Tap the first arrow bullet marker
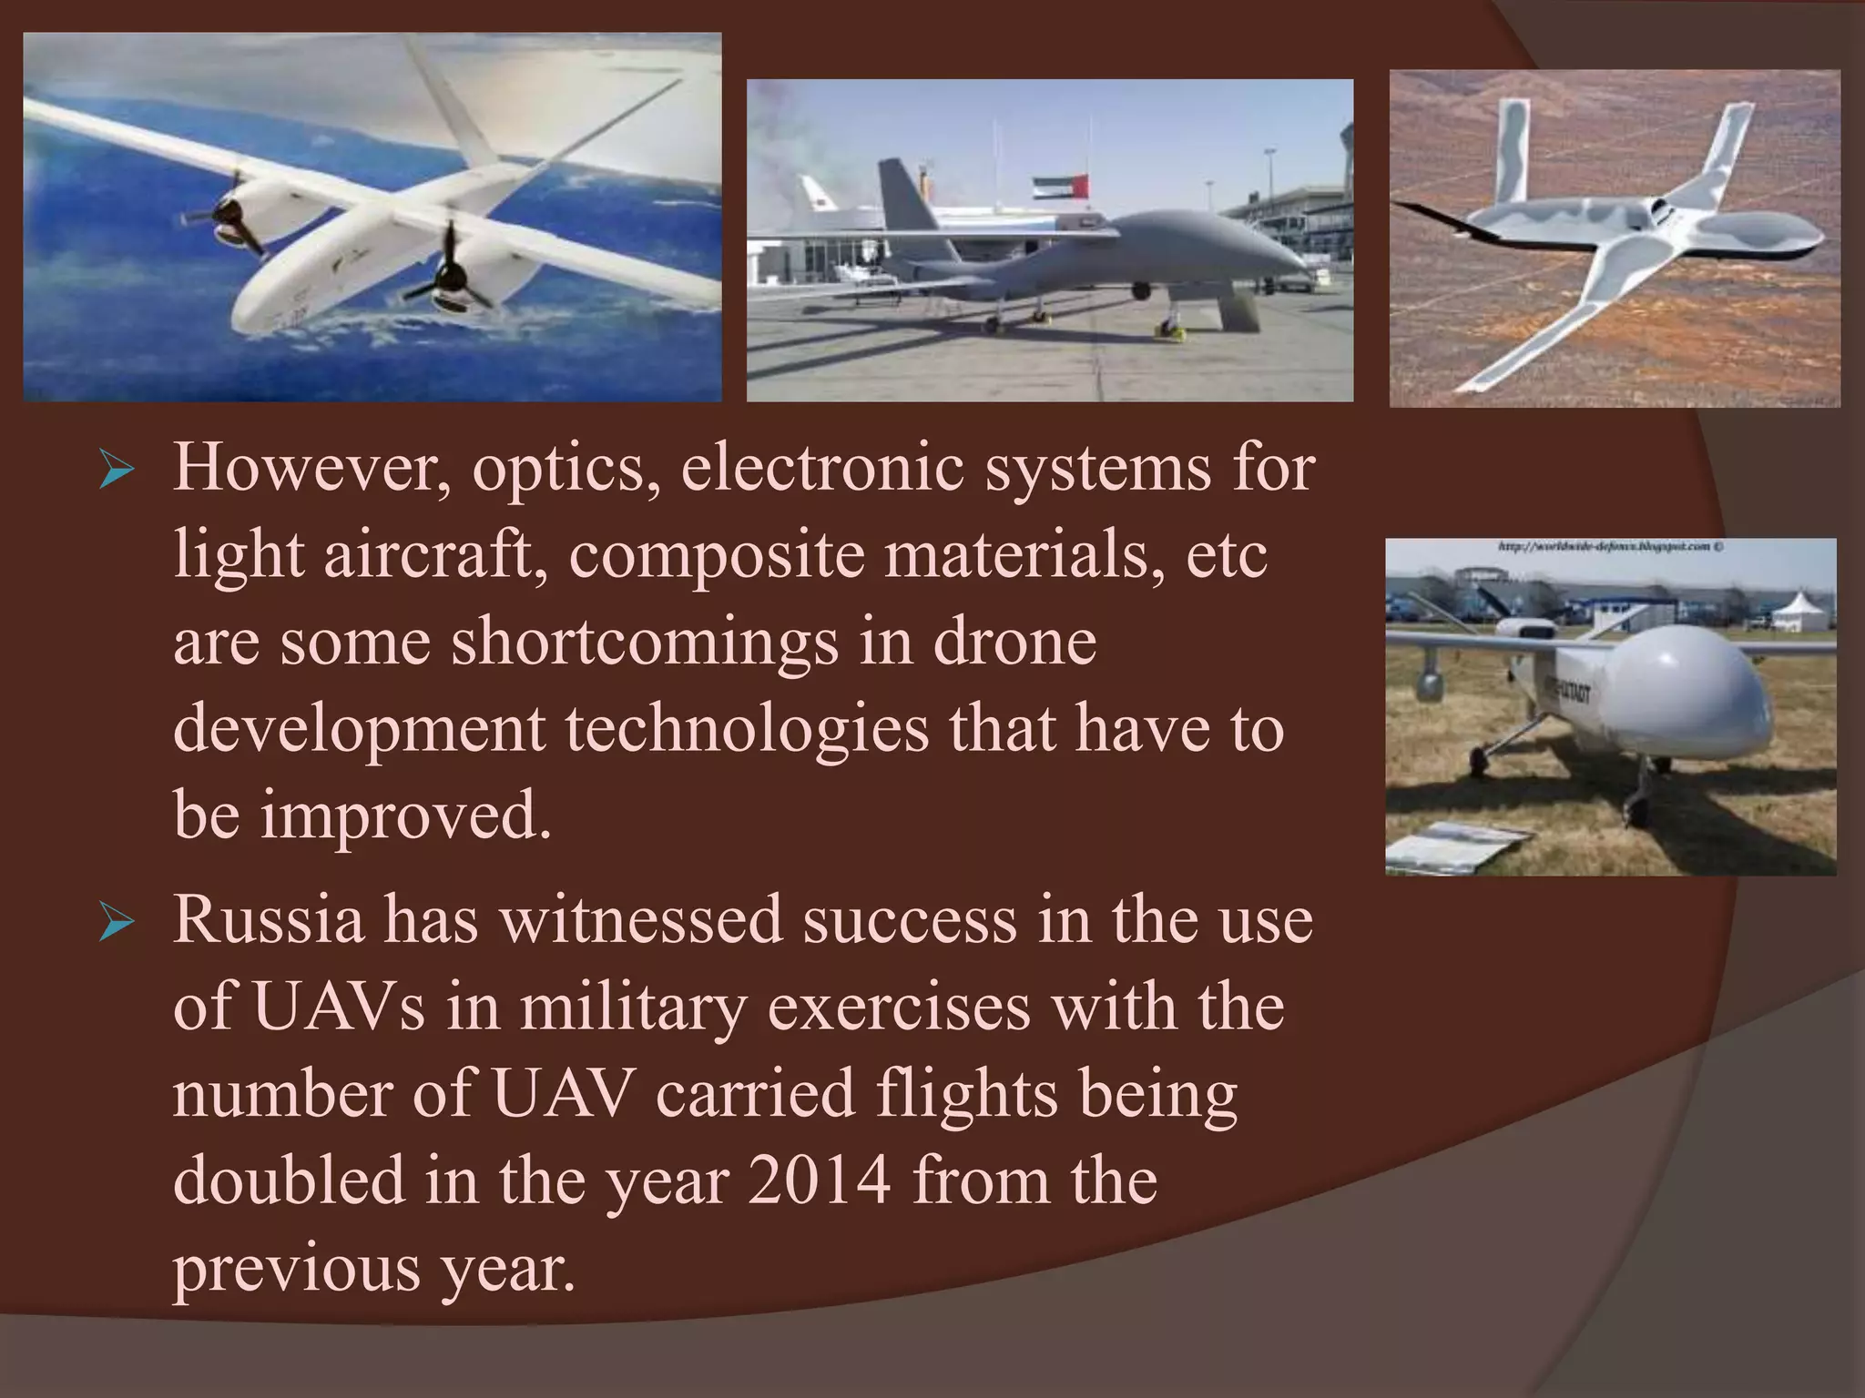click(x=117, y=472)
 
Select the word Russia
click(x=268, y=921)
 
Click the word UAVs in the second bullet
click(x=338, y=1008)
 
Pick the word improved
click(x=406, y=815)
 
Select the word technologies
click(x=747, y=729)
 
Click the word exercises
click(x=898, y=1008)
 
